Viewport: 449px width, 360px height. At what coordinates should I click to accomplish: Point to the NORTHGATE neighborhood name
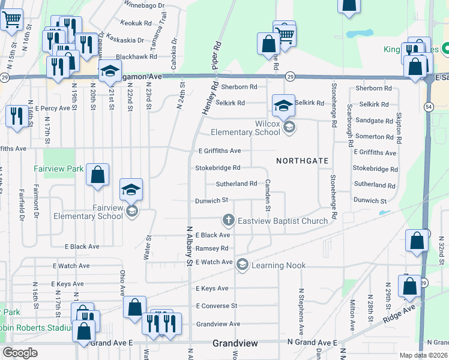pyautogui.click(x=302, y=161)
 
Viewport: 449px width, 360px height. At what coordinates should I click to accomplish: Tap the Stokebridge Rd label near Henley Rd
pyautogui.click(x=218, y=168)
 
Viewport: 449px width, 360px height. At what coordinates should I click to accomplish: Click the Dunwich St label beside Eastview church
pyautogui.click(x=212, y=200)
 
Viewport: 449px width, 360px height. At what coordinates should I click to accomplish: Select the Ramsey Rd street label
pyautogui.click(x=212, y=248)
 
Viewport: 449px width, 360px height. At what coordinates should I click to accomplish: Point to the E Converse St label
pyautogui.click(x=217, y=305)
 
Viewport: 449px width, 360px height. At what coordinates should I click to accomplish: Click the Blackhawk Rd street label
pyautogui.click(x=136, y=56)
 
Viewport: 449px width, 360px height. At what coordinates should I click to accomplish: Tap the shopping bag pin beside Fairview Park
pyautogui.click(x=97, y=175)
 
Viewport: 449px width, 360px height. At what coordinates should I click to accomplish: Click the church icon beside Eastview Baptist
pyautogui.click(x=228, y=221)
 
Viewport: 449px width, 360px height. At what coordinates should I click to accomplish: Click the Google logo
pyautogui.click(x=20, y=353)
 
